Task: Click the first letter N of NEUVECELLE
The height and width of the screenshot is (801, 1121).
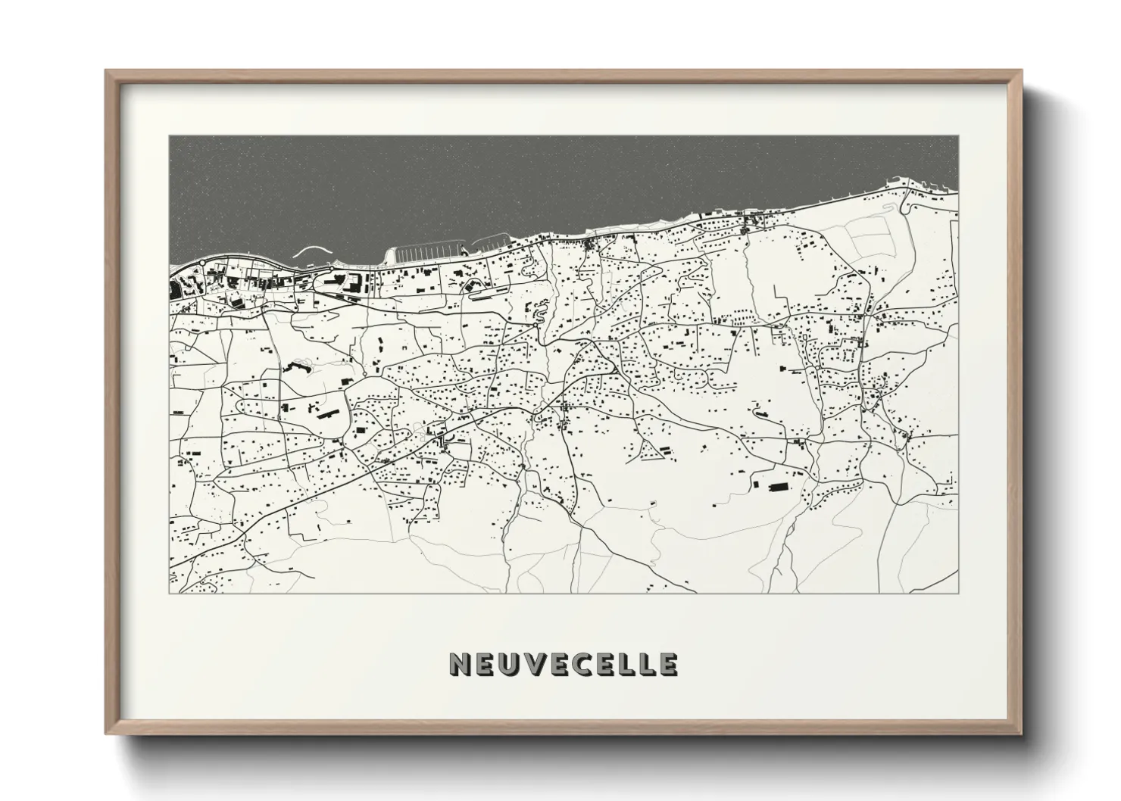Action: point(461,664)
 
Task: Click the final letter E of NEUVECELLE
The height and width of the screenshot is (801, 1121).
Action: point(667,664)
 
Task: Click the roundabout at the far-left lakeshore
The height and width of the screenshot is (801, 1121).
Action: point(203,263)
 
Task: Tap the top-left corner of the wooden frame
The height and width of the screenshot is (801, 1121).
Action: point(108,72)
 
